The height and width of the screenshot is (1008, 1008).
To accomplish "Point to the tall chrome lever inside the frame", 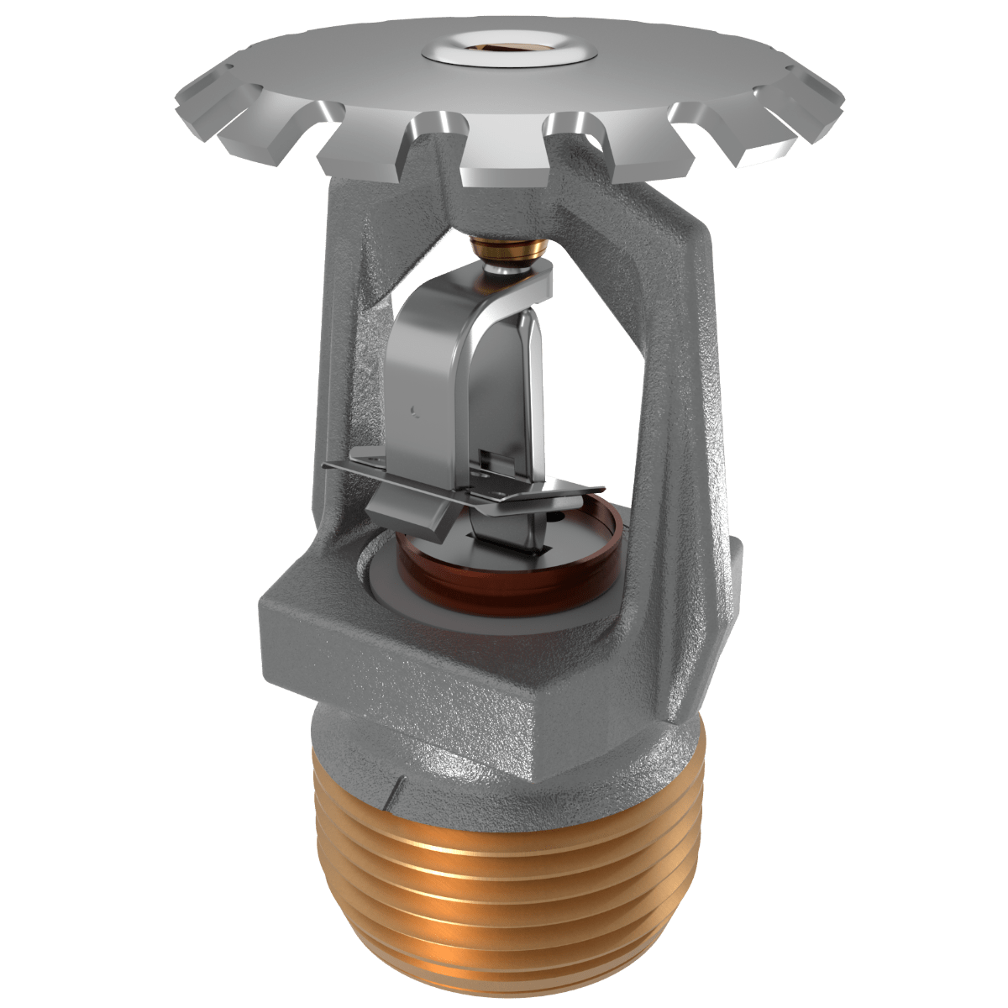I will pyautogui.click(x=437, y=370).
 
